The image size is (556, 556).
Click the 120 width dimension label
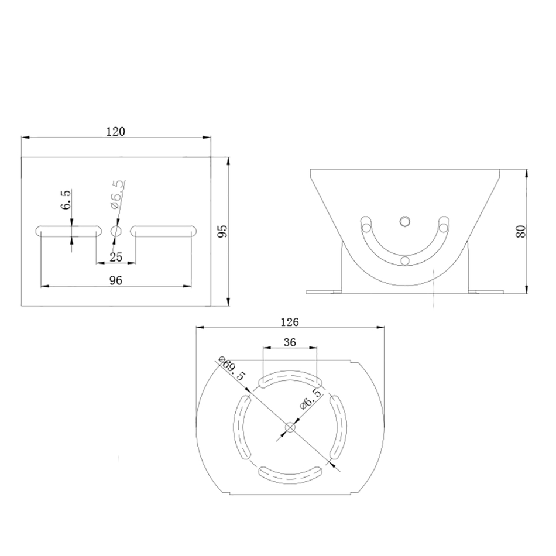[x=116, y=132]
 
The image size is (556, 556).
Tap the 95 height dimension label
[x=222, y=231]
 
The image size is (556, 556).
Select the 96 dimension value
[x=116, y=280]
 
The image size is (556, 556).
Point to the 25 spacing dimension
[x=116, y=257]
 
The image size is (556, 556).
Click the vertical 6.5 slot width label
[x=66, y=199]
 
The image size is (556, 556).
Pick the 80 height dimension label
[x=521, y=231]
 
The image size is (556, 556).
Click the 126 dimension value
[x=290, y=322]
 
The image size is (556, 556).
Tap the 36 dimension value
[x=290, y=342]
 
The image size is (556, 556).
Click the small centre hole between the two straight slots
[x=116, y=231]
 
